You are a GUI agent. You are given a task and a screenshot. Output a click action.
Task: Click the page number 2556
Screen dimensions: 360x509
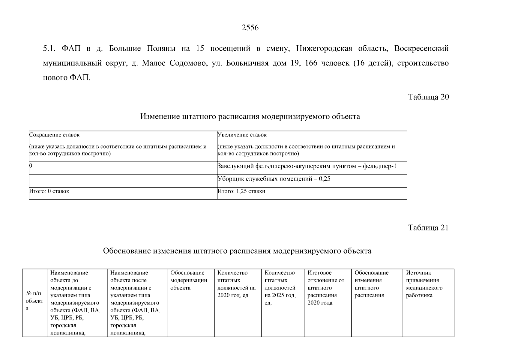[250, 28]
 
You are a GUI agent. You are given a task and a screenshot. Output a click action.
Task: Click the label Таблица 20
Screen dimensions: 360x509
[428, 97]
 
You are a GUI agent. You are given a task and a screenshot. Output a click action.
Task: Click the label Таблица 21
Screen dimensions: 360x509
[428, 228]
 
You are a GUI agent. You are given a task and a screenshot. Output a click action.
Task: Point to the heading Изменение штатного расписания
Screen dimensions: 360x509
[250, 116]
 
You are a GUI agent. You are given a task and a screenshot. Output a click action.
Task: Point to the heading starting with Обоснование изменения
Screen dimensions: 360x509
[237, 251]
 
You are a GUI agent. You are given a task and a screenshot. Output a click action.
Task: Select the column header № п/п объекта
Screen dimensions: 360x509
[34, 301]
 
